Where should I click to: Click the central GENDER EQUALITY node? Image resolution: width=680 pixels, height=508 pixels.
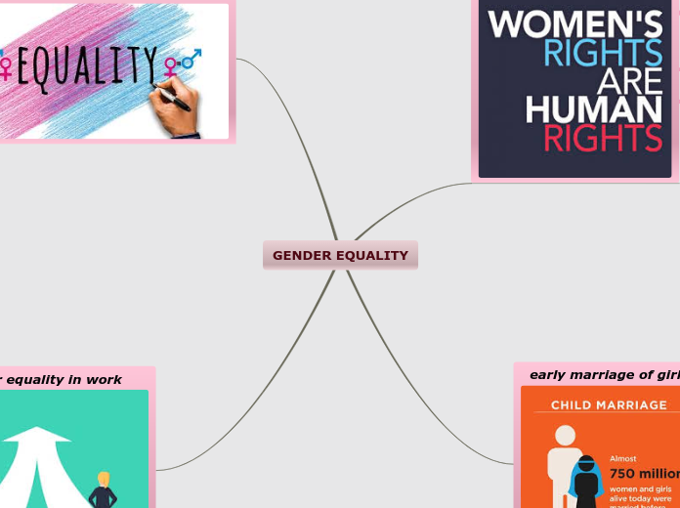coord(340,256)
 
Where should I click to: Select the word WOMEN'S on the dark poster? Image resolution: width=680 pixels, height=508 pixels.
coord(575,24)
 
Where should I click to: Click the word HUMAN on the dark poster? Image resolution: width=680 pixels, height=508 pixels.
coord(594,109)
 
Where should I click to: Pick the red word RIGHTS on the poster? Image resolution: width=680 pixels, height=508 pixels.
coord(603,139)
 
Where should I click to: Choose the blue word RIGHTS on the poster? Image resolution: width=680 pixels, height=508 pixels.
coord(603,53)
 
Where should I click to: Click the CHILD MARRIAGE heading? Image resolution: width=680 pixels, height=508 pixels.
coord(609,404)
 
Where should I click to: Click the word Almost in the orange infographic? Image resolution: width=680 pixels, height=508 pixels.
coord(623,458)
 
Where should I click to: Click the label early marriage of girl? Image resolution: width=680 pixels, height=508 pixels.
coord(604,375)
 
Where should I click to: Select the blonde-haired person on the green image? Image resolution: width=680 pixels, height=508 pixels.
coord(103,488)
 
